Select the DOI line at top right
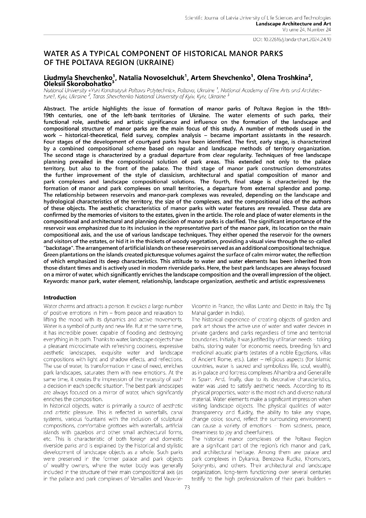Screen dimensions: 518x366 (x=292, y=39)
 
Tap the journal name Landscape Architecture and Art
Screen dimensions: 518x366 (x=293, y=24)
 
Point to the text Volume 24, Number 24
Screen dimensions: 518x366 (x=306, y=30)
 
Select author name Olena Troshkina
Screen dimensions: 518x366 (x=285, y=78)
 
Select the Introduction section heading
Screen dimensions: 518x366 (x=60, y=297)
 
